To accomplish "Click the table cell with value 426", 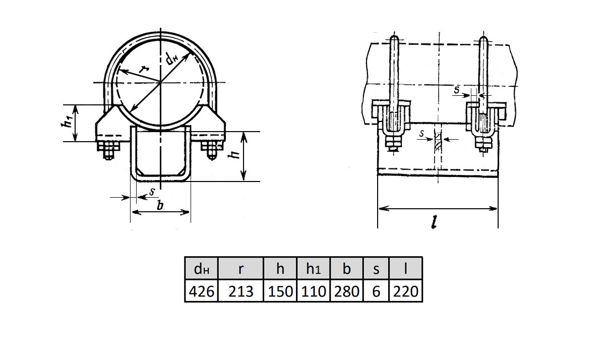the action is pyautogui.click(x=201, y=291).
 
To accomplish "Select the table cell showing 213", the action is pyautogui.click(x=240, y=291).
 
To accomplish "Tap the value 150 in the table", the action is pyautogui.click(x=280, y=291).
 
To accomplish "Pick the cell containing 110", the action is pyautogui.click(x=313, y=291).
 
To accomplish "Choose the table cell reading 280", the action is pyautogui.click(x=346, y=291).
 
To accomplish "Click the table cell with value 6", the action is pyautogui.click(x=376, y=291).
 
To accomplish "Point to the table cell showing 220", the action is pyautogui.click(x=405, y=291).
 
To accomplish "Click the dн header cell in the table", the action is pyautogui.click(x=201, y=268).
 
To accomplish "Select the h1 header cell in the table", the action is pyautogui.click(x=313, y=268).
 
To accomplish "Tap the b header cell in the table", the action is pyautogui.click(x=346, y=268).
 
